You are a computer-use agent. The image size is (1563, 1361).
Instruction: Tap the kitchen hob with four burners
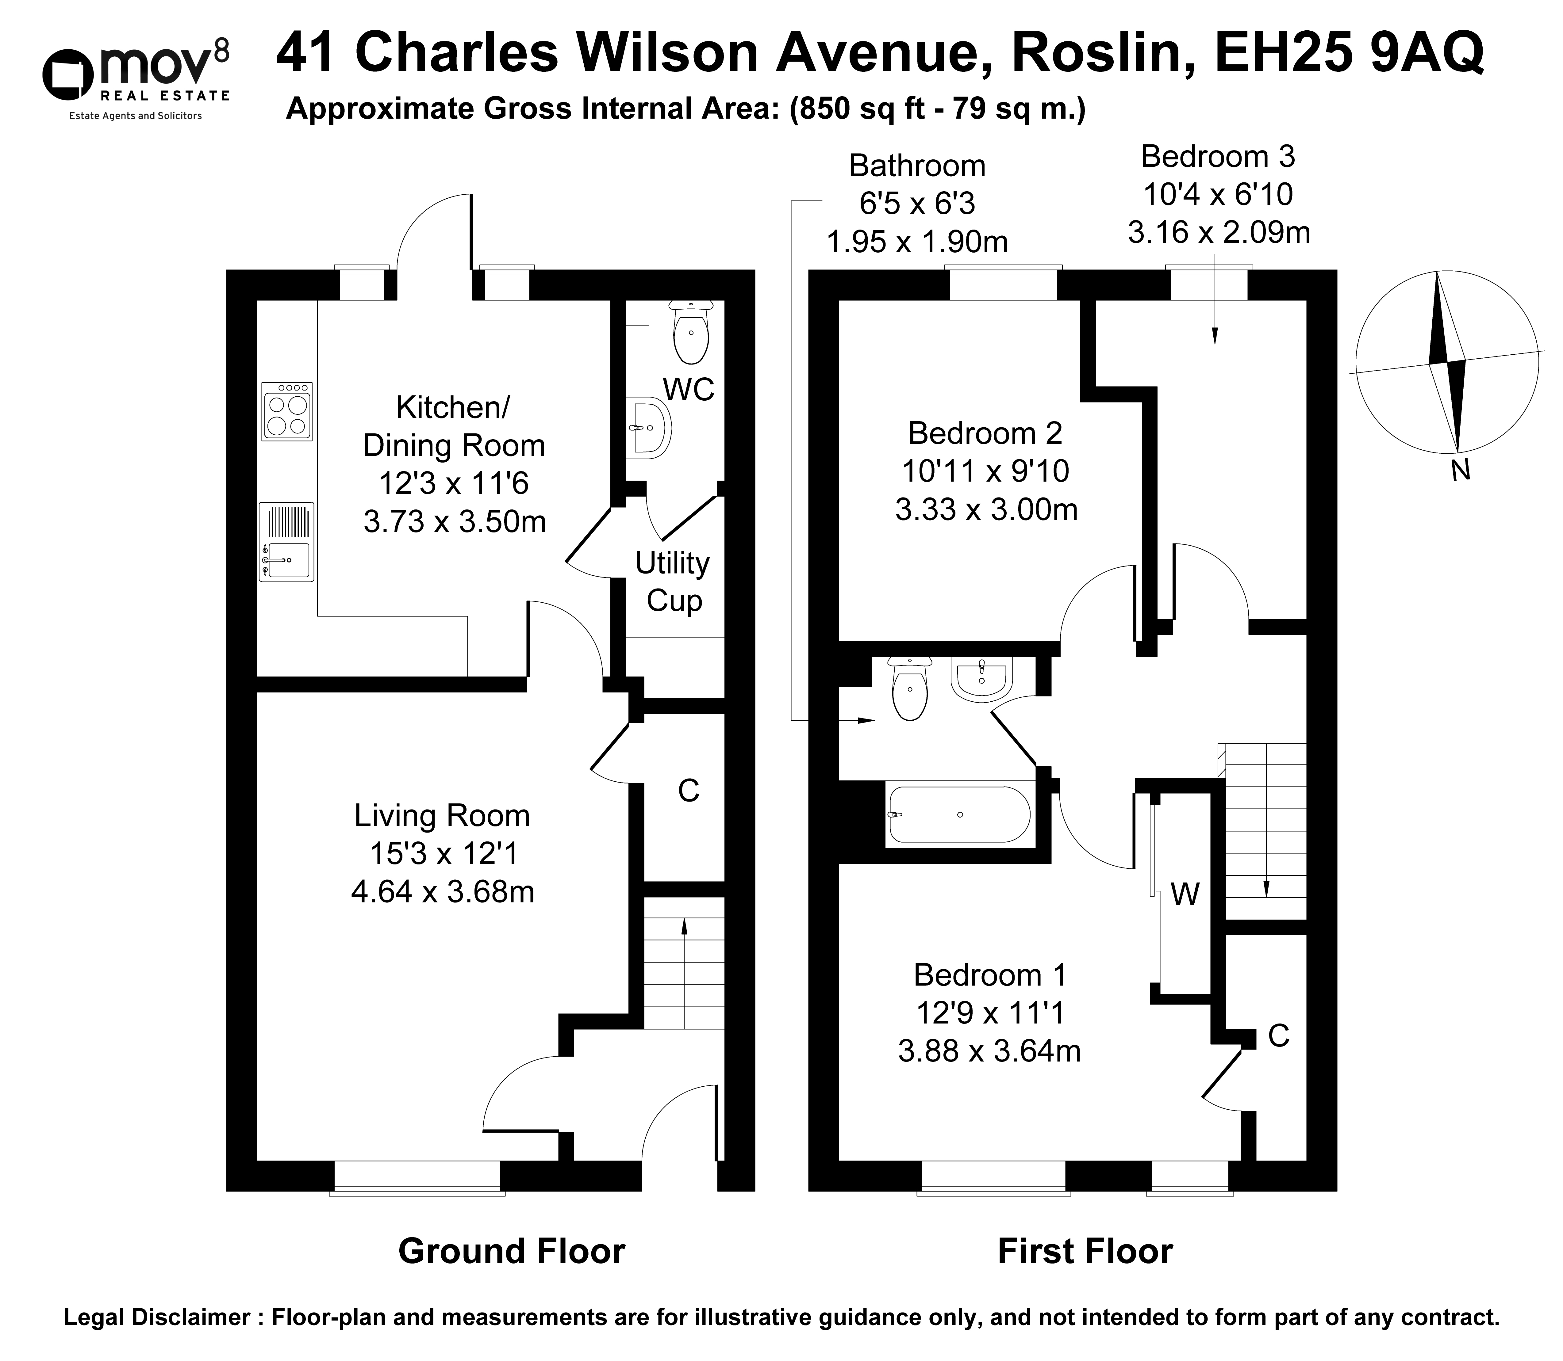tap(286, 411)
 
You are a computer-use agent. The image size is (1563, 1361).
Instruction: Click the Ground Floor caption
tap(511, 1251)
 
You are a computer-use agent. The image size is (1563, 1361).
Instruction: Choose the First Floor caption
tap(1085, 1251)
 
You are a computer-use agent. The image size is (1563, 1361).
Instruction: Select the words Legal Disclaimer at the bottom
tap(156, 1318)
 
